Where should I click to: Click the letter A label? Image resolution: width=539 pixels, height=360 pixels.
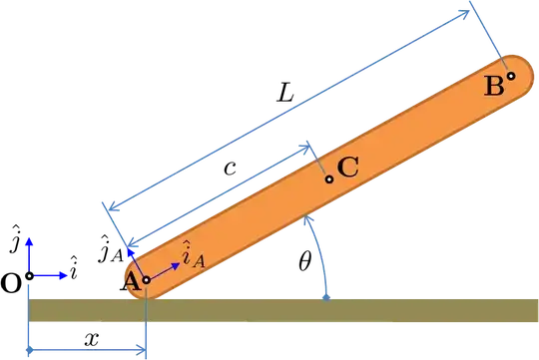click(130, 279)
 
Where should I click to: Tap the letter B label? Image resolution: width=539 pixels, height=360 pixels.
click(494, 87)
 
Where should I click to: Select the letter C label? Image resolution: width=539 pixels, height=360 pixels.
click(348, 168)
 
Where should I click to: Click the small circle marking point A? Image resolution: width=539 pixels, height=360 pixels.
click(146, 280)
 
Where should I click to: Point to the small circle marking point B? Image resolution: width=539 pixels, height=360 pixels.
click(511, 75)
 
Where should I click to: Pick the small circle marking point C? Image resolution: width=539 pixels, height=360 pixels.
click(328, 180)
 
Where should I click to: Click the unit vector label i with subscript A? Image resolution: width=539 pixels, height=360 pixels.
click(193, 255)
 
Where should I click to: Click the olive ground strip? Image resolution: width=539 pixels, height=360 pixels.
click(299, 310)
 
